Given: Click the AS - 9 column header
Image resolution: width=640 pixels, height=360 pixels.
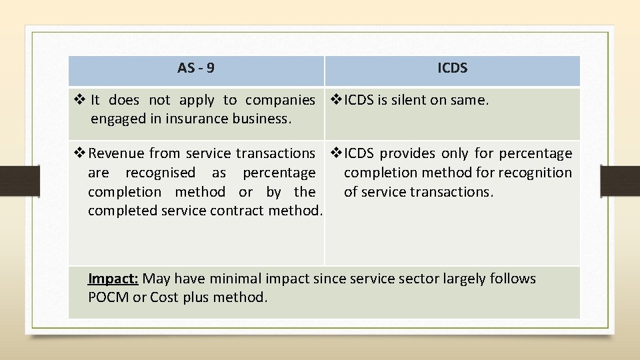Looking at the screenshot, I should pyautogui.click(x=196, y=68).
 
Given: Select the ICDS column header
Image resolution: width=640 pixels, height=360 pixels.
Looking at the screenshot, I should pyautogui.click(x=452, y=68).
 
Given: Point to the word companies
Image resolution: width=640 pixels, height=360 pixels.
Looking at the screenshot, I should pyautogui.click(x=280, y=100).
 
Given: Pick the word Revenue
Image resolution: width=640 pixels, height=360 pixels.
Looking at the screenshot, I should pyautogui.click(x=117, y=153).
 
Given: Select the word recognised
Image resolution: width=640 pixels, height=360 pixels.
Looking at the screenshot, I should pyautogui.click(x=160, y=173).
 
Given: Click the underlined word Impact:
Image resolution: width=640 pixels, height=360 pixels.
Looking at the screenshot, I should pyautogui.click(x=113, y=278).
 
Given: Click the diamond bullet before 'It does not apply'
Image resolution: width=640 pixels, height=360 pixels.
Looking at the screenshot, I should pyautogui.click(x=79, y=100).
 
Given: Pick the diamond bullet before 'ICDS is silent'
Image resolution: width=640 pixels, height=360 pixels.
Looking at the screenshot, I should pyautogui.click(x=336, y=100).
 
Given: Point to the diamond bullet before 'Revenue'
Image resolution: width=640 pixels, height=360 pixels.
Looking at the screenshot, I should pyautogui.click(x=79, y=153).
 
